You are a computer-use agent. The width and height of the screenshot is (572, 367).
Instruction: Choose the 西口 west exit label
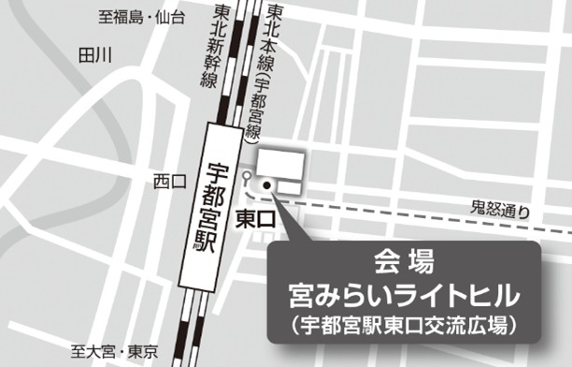[x=170, y=180]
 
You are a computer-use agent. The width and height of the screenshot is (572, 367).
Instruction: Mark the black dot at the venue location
[x=266, y=185]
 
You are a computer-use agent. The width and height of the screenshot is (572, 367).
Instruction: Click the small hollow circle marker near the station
[x=246, y=176]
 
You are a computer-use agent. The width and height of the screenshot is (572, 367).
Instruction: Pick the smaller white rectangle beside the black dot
[x=288, y=187]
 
